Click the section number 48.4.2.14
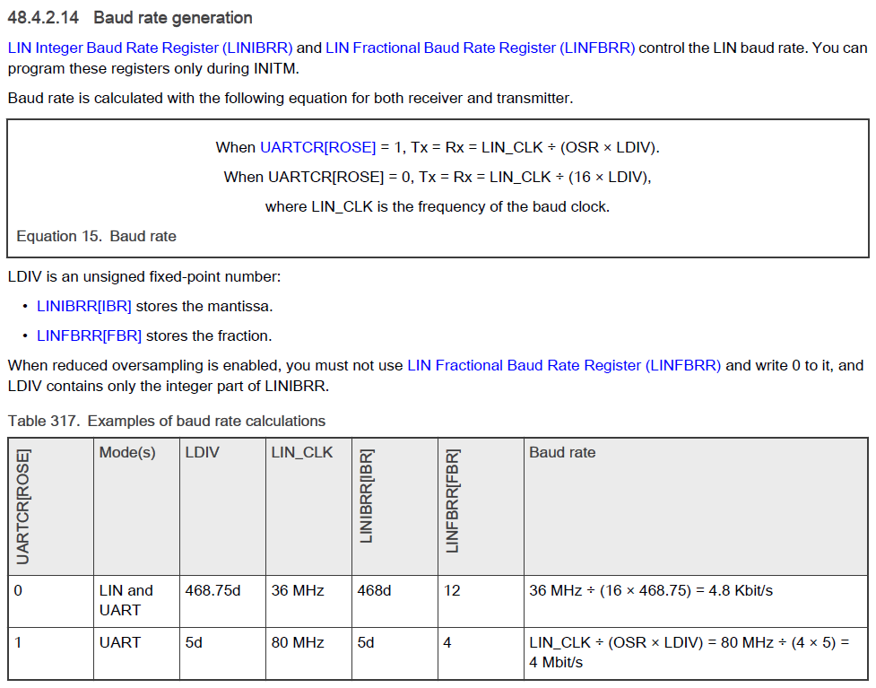46,18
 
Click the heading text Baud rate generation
173,18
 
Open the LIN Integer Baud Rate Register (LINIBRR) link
150,48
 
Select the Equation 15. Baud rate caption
96,236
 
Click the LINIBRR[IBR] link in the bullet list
84,306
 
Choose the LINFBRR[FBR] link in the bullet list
89,335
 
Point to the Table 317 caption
167,421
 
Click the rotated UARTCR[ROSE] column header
24,507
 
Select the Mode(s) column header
127,452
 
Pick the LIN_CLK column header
301,452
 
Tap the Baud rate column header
562,452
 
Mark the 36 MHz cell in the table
298,590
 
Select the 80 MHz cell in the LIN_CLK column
298,642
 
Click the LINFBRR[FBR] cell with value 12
452,590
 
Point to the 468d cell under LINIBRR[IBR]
374,590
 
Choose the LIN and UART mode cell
126,600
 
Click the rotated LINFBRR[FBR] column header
453,501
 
